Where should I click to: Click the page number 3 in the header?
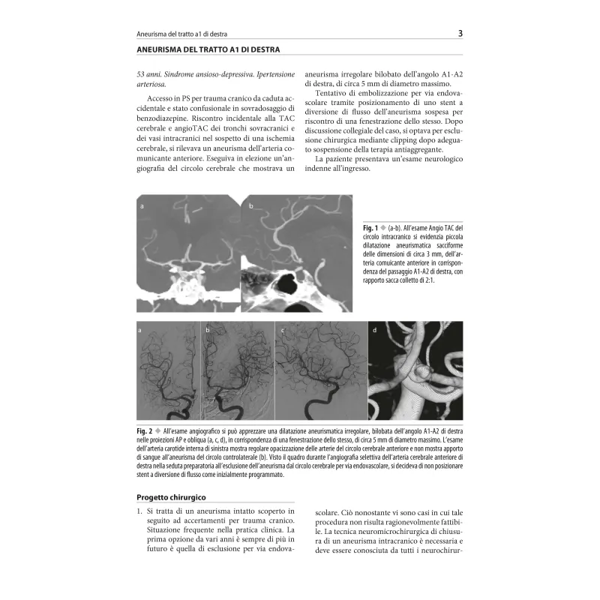(460, 33)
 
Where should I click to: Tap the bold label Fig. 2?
(145, 430)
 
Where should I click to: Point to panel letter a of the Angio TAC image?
(142, 204)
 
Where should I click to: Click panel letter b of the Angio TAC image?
(251, 204)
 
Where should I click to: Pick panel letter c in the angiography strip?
(282, 329)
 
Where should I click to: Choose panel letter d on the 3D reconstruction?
(374, 329)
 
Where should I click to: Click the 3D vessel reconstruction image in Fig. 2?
(415, 370)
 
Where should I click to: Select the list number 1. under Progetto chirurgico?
(139, 511)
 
